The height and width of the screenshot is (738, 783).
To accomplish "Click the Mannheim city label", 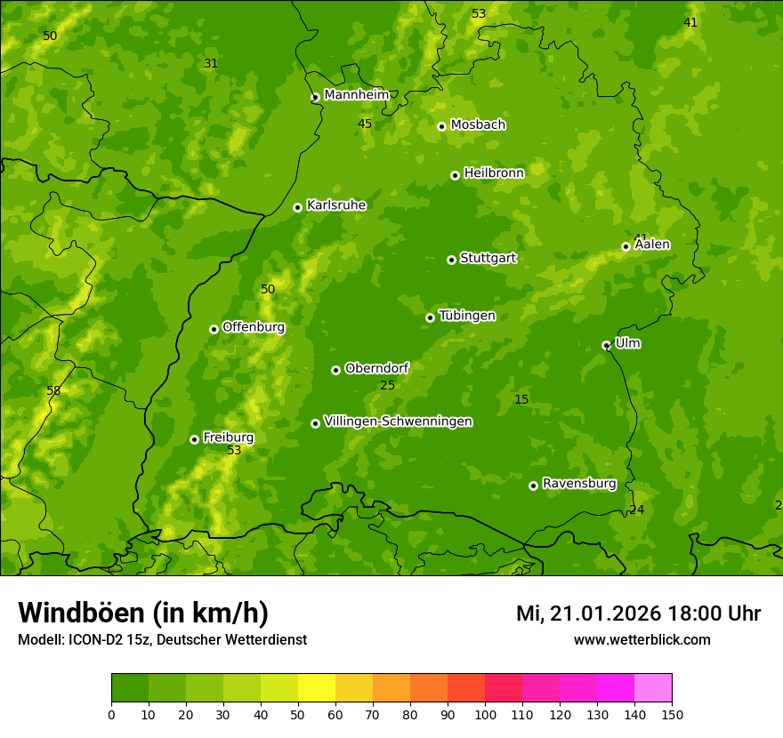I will click(x=356, y=95).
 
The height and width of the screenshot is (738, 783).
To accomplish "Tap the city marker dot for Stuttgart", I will click(x=451, y=260).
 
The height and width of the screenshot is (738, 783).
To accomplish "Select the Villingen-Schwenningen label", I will click(x=398, y=421).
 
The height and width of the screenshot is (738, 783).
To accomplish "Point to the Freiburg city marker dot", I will click(x=194, y=439).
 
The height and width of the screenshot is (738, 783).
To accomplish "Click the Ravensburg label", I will click(x=578, y=484).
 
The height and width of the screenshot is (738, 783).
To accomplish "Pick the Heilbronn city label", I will click(x=494, y=173).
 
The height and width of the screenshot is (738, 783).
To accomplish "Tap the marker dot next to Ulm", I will click(x=606, y=345).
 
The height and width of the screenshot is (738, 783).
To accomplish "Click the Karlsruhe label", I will click(x=335, y=205).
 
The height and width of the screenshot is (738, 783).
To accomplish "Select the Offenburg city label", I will click(x=254, y=327).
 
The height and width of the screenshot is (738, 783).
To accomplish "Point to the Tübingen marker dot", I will click(x=430, y=317).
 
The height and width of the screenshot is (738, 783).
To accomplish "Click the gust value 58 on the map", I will click(x=53, y=390).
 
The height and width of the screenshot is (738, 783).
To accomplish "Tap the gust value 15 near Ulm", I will click(x=521, y=400).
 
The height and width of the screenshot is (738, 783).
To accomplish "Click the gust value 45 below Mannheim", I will click(x=365, y=124).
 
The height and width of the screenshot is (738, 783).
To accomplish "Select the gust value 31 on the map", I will click(x=211, y=63).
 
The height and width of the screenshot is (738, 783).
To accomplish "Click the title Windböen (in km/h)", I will click(x=143, y=613).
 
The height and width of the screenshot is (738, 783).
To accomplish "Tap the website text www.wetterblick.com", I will click(x=642, y=640).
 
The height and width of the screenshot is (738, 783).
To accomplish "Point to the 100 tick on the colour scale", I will click(x=485, y=714).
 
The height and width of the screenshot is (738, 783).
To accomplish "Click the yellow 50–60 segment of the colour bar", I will click(x=317, y=688).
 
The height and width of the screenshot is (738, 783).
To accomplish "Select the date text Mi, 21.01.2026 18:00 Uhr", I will click(x=638, y=614).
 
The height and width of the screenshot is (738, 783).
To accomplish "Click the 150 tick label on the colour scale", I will click(x=672, y=714).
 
